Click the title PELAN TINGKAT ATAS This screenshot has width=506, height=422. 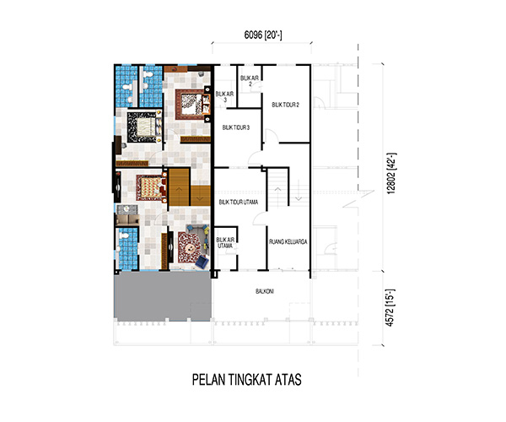pyautogui.click(x=247, y=380)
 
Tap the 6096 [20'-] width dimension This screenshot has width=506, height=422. pyautogui.click(x=263, y=35)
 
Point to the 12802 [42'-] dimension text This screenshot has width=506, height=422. pyautogui.click(x=391, y=173)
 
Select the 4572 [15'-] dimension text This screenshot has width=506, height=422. pyautogui.click(x=390, y=308)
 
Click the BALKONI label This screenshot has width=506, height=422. pyautogui.click(x=265, y=291)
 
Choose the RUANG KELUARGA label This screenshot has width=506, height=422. pyautogui.click(x=288, y=241)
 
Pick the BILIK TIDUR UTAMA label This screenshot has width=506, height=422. pyautogui.click(x=239, y=202)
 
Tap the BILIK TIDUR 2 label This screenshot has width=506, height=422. pyautogui.click(x=285, y=105)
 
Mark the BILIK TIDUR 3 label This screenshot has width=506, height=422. pyautogui.click(x=236, y=127)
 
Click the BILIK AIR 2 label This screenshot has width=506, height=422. pyautogui.click(x=250, y=81)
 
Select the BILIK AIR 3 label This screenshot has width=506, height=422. pyautogui.click(x=224, y=97)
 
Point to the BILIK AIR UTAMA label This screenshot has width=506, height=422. pyautogui.click(x=225, y=243)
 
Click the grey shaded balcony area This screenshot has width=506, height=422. pyautogui.click(x=163, y=295)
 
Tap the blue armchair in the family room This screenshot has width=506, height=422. pyautogui.click(x=202, y=262)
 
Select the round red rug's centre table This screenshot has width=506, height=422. pyautogui.click(x=191, y=248)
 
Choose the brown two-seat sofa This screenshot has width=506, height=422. pyautogui.click(x=128, y=220)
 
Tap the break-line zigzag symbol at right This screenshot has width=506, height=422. pyautogui.click(x=359, y=198)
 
